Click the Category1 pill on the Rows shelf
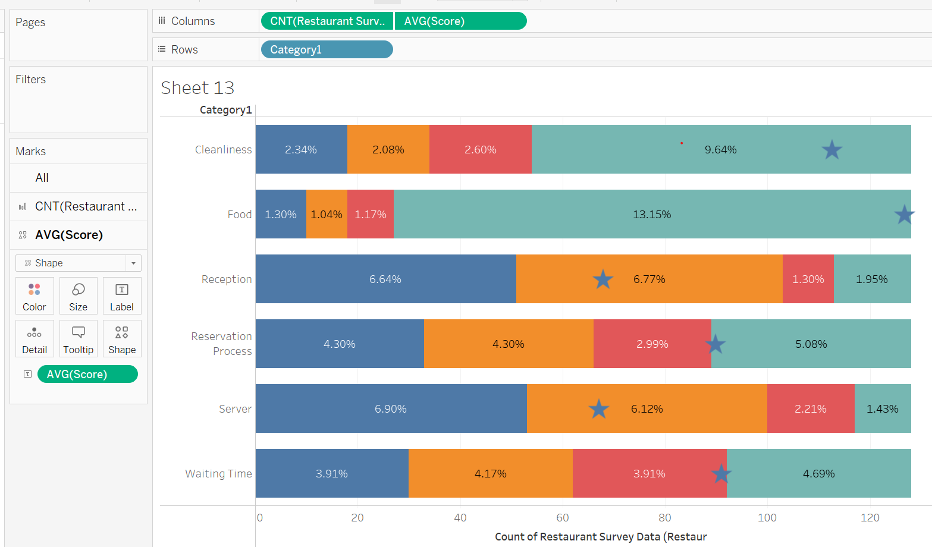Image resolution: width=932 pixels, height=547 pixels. coord(326,49)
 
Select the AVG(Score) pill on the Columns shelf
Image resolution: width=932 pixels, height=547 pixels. coord(460,21)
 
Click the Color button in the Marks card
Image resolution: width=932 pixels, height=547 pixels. coord(34,296)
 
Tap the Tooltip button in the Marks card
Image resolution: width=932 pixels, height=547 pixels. coord(79,339)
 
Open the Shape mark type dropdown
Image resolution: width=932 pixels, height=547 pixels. coord(79,263)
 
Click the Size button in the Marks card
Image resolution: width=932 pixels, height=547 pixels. coord(79,296)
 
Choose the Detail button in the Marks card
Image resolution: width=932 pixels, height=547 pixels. coord(34,339)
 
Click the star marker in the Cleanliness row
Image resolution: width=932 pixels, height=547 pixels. coord(831,150)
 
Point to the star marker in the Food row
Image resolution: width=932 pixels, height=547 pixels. coord(904,214)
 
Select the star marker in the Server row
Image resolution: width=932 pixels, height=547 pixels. coord(598,409)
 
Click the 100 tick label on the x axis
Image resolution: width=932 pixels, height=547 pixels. coord(767,518)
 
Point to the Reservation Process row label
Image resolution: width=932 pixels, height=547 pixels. coord(221,344)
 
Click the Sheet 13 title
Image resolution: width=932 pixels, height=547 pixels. coord(197,88)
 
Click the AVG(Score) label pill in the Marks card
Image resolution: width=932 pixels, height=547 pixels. coord(87,374)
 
